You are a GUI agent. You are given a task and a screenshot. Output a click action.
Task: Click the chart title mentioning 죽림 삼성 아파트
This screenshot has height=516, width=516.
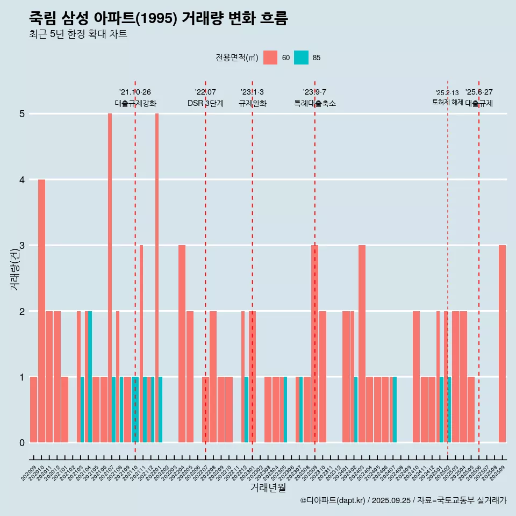point(159,18)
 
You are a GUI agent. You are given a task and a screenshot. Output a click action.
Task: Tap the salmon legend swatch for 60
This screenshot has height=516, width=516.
point(270,58)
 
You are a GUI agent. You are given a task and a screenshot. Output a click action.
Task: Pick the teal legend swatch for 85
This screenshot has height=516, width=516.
point(302,58)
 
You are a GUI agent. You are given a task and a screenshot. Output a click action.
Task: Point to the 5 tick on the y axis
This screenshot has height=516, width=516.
point(22,114)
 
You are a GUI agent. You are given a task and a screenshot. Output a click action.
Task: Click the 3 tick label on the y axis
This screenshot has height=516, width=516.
point(22,246)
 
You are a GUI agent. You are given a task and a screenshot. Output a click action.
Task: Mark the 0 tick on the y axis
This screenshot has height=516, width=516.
point(22,443)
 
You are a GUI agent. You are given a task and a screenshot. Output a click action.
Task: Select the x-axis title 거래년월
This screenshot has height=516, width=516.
point(268,488)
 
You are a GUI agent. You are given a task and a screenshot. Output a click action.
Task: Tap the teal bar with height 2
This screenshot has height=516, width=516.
point(90,376)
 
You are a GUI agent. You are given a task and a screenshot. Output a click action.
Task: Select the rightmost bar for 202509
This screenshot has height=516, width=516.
point(502,344)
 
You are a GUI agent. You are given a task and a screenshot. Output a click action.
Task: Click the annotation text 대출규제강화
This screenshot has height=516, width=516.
point(135,103)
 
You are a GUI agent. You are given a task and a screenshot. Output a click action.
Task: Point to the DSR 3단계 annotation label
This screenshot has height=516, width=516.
point(205,103)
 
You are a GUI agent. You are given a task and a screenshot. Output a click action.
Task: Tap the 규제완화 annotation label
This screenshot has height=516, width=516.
point(252,103)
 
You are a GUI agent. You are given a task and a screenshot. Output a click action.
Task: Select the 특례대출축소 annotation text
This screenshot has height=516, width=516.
point(315,103)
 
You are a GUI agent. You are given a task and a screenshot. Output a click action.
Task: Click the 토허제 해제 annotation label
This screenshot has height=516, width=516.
point(447,102)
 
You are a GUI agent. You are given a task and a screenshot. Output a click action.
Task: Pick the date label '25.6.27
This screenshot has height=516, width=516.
point(479,92)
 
